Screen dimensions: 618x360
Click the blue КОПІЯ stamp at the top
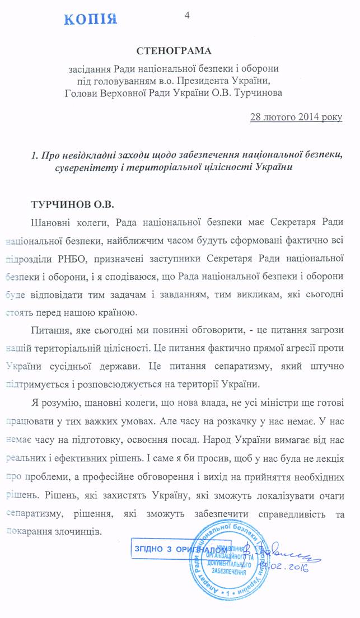coord(91,18)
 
